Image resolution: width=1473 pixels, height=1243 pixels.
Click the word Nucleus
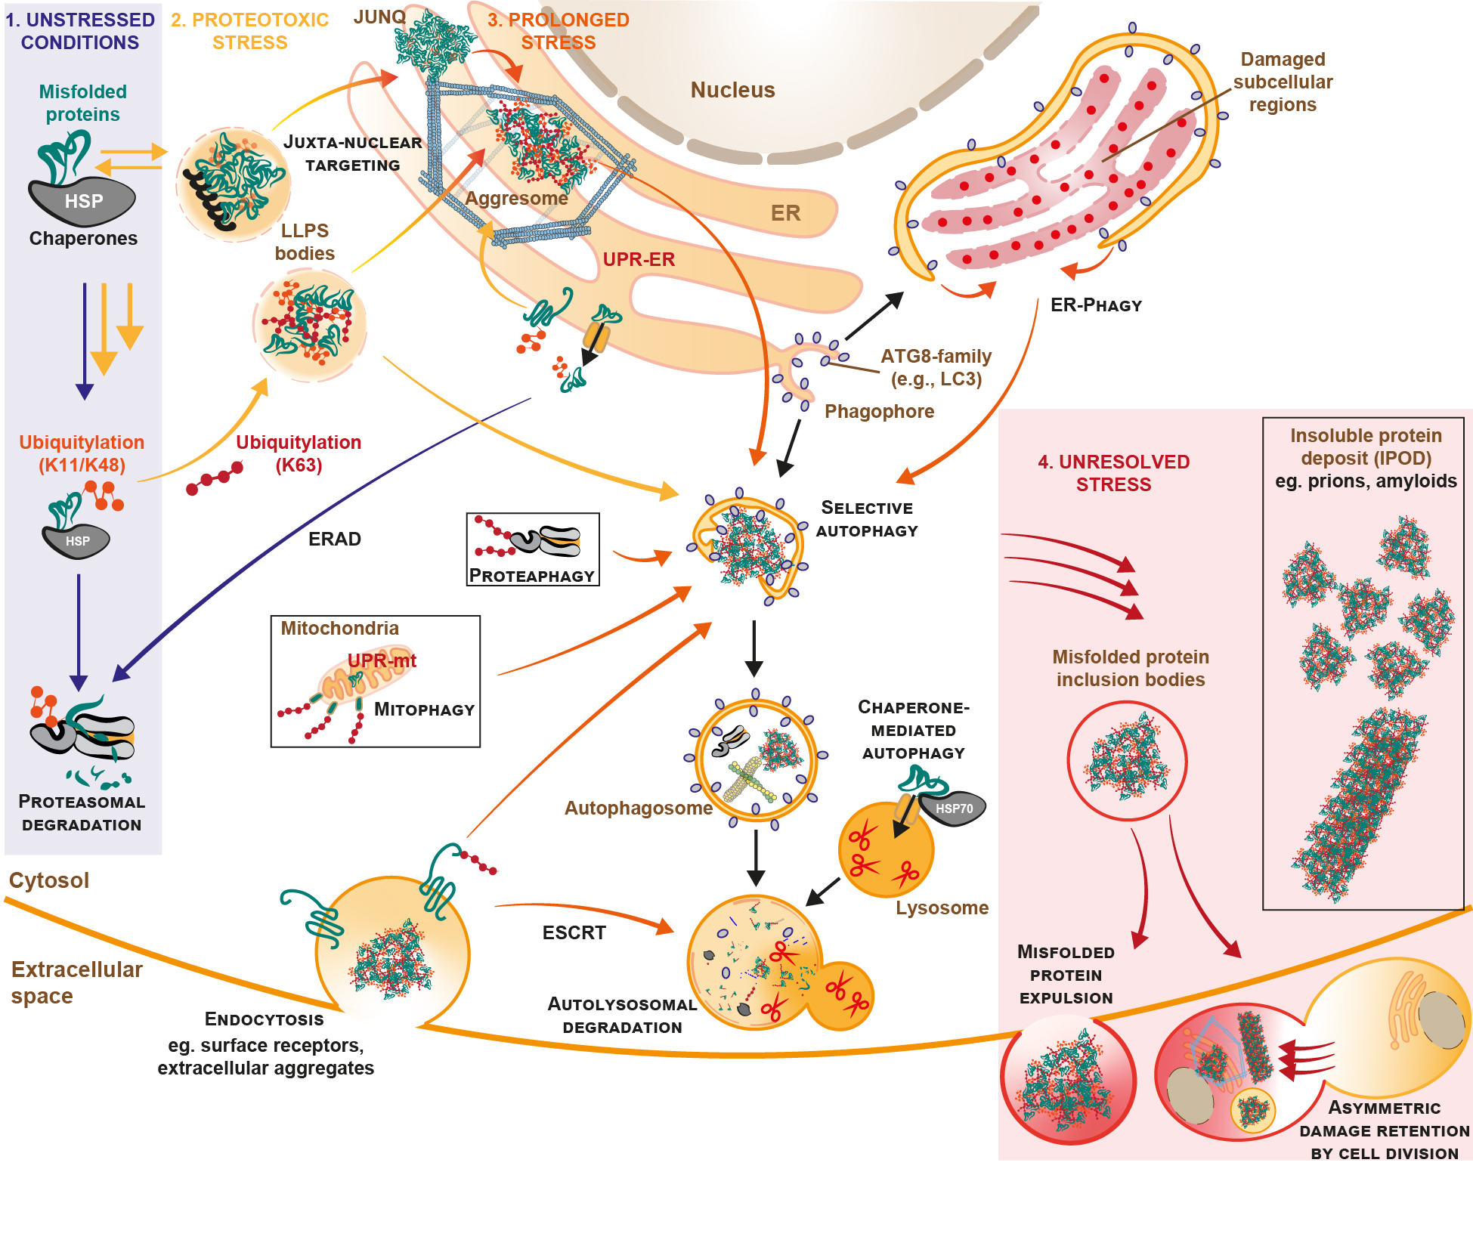(732, 90)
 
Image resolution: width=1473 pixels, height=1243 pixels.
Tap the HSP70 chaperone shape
(954, 809)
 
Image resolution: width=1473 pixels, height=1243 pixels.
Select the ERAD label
(334, 539)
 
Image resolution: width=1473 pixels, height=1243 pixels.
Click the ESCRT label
(574, 932)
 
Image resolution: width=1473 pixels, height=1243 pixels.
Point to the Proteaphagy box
(533, 549)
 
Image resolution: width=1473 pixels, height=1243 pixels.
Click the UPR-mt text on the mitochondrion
(382, 660)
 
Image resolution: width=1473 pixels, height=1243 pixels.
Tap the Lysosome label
(942, 908)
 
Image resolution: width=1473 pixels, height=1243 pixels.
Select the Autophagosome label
(638, 808)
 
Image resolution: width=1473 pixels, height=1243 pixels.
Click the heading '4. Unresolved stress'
(1113, 473)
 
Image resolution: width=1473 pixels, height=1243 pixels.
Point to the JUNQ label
(379, 17)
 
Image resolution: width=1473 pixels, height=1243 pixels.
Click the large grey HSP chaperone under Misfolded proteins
(82, 201)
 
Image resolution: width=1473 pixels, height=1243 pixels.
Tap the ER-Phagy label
(1096, 305)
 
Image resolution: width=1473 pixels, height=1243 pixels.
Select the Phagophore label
(879, 411)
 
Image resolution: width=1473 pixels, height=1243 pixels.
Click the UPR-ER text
(638, 259)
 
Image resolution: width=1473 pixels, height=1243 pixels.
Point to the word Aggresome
(516, 198)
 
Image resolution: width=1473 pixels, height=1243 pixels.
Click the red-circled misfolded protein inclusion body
(1126, 760)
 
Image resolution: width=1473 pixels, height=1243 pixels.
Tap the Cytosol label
(49, 880)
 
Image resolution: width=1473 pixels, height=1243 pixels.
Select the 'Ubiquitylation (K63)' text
(299, 453)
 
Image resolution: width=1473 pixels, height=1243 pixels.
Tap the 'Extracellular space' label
(76, 982)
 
